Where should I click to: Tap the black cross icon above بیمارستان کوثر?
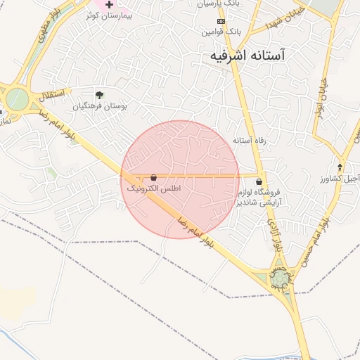pos(109,4)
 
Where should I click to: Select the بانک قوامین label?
pos(218,32)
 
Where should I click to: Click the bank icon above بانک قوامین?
pos(221,21)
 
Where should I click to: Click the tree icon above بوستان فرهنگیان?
pos(98,95)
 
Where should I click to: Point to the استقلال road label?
pos(52,94)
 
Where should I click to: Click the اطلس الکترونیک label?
pos(153,189)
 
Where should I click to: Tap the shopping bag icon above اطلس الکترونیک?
pos(153,178)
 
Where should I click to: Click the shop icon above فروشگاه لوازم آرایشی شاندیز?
pos(259,181)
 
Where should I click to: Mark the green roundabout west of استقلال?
pos(17,98)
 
